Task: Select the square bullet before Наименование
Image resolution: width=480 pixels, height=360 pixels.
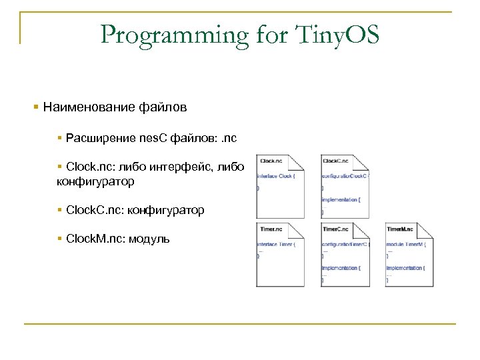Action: click(x=36, y=107)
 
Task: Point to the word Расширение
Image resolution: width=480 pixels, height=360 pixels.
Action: click(x=99, y=138)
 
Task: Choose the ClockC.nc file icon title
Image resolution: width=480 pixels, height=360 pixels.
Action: click(x=335, y=161)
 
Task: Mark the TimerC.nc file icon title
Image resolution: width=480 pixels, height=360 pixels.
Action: click(x=335, y=229)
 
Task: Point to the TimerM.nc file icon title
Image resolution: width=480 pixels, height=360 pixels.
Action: click(x=400, y=229)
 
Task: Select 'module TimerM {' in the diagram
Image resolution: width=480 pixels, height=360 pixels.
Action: click(x=405, y=245)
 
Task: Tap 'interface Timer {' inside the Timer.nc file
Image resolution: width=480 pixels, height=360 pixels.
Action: click(x=276, y=245)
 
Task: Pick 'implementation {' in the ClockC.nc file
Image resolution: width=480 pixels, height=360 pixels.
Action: click(x=341, y=199)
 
